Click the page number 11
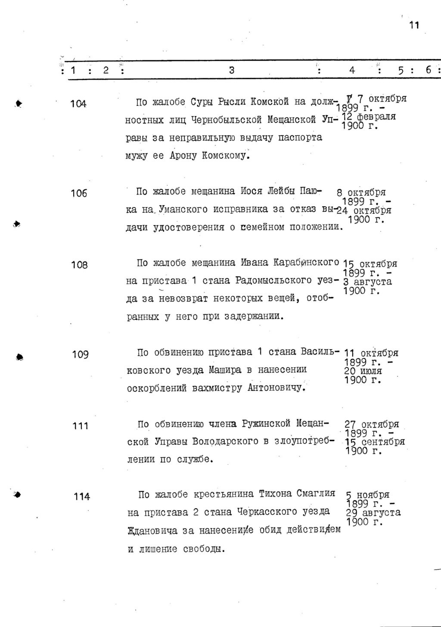pyautogui.click(x=414, y=25)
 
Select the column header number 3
pyautogui.click(x=231, y=70)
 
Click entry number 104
pyautogui.click(x=79, y=104)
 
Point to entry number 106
pyautogui.click(x=79, y=194)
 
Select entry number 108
pyautogui.click(x=79, y=265)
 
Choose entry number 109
pyautogui.click(x=80, y=355)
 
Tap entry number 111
pyautogui.click(x=80, y=426)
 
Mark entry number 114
pyautogui.click(x=81, y=497)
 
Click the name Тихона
pyautogui.click(x=275, y=494)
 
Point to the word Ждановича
pyautogui.click(x=152, y=531)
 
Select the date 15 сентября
pyautogui.click(x=375, y=442)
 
